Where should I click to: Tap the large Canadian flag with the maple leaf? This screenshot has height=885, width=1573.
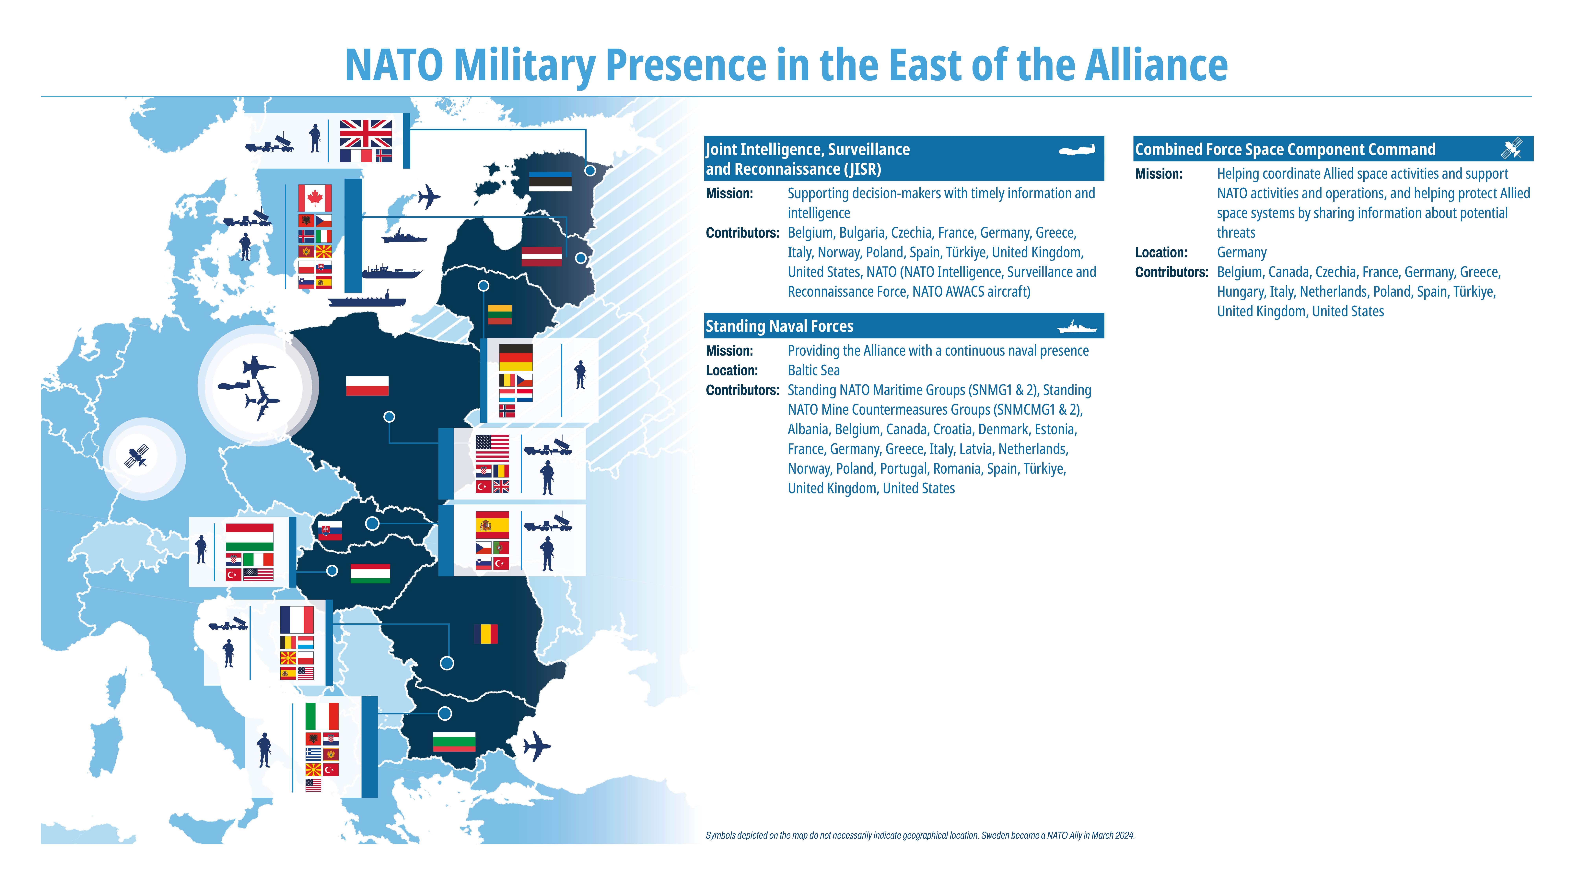(x=315, y=198)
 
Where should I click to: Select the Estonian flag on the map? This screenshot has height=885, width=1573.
(x=550, y=181)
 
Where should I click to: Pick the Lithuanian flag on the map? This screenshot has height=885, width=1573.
(x=499, y=314)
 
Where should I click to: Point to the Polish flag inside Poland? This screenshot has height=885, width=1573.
(x=367, y=385)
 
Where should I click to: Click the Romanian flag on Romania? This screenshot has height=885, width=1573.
(x=485, y=634)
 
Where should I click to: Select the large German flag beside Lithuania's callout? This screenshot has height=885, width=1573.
(x=515, y=357)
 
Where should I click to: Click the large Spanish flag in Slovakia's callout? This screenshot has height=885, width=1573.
(x=492, y=525)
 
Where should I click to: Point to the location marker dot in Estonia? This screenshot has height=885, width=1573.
(x=590, y=170)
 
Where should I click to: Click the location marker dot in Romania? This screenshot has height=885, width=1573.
(x=447, y=663)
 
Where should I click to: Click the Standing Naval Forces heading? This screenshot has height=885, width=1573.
(x=779, y=326)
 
